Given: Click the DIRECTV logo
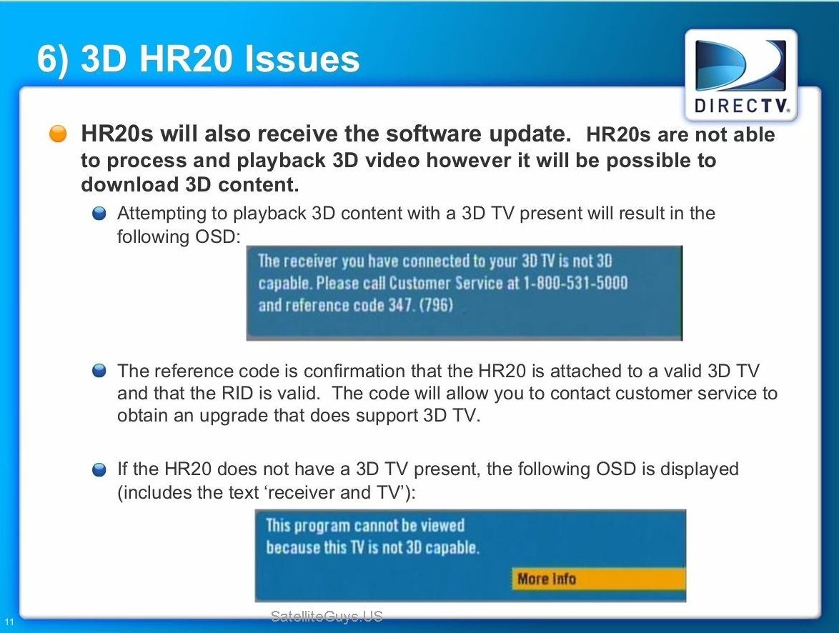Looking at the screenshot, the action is pyautogui.click(x=741, y=76).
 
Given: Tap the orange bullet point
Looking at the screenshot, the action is pyautogui.click(x=58, y=134).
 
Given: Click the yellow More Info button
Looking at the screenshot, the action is pyautogui.click(x=598, y=579).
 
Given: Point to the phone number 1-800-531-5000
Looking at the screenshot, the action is pyautogui.click(x=575, y=282).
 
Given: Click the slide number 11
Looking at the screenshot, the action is pyautogui.click(x=9, y=622).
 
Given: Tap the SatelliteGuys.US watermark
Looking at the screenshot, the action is pyautogui.click(x=327, y=617).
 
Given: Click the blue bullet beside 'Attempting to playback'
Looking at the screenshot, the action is pyautogui.click(x=99, y=214).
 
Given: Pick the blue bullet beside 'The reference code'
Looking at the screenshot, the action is pyautogui.click(x=99, y=371).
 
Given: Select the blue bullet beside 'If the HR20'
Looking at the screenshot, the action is pyautogui.click(x=99, y=470).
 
